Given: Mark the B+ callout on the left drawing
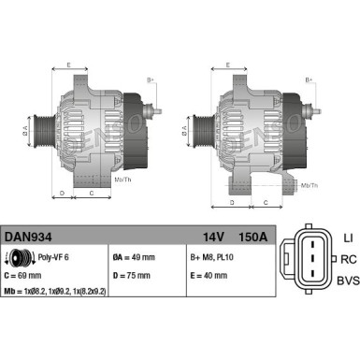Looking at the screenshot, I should pos(151,80).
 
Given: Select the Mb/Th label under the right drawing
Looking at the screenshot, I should pos(309,187).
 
